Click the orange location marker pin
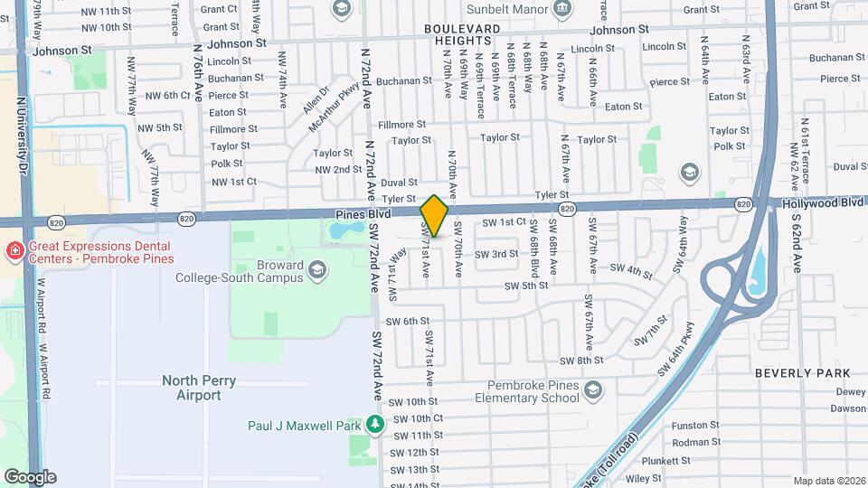[434, 216]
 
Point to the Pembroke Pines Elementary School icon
[593, 389]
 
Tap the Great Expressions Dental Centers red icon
[14, 249]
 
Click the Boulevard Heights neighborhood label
[463, 34]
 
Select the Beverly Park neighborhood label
[803, 372]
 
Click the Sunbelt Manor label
[506, 10]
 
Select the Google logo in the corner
[29, 476]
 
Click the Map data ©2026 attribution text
[828, 480]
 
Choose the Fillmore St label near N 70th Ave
[402, 124]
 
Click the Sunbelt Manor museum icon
[562, 9]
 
